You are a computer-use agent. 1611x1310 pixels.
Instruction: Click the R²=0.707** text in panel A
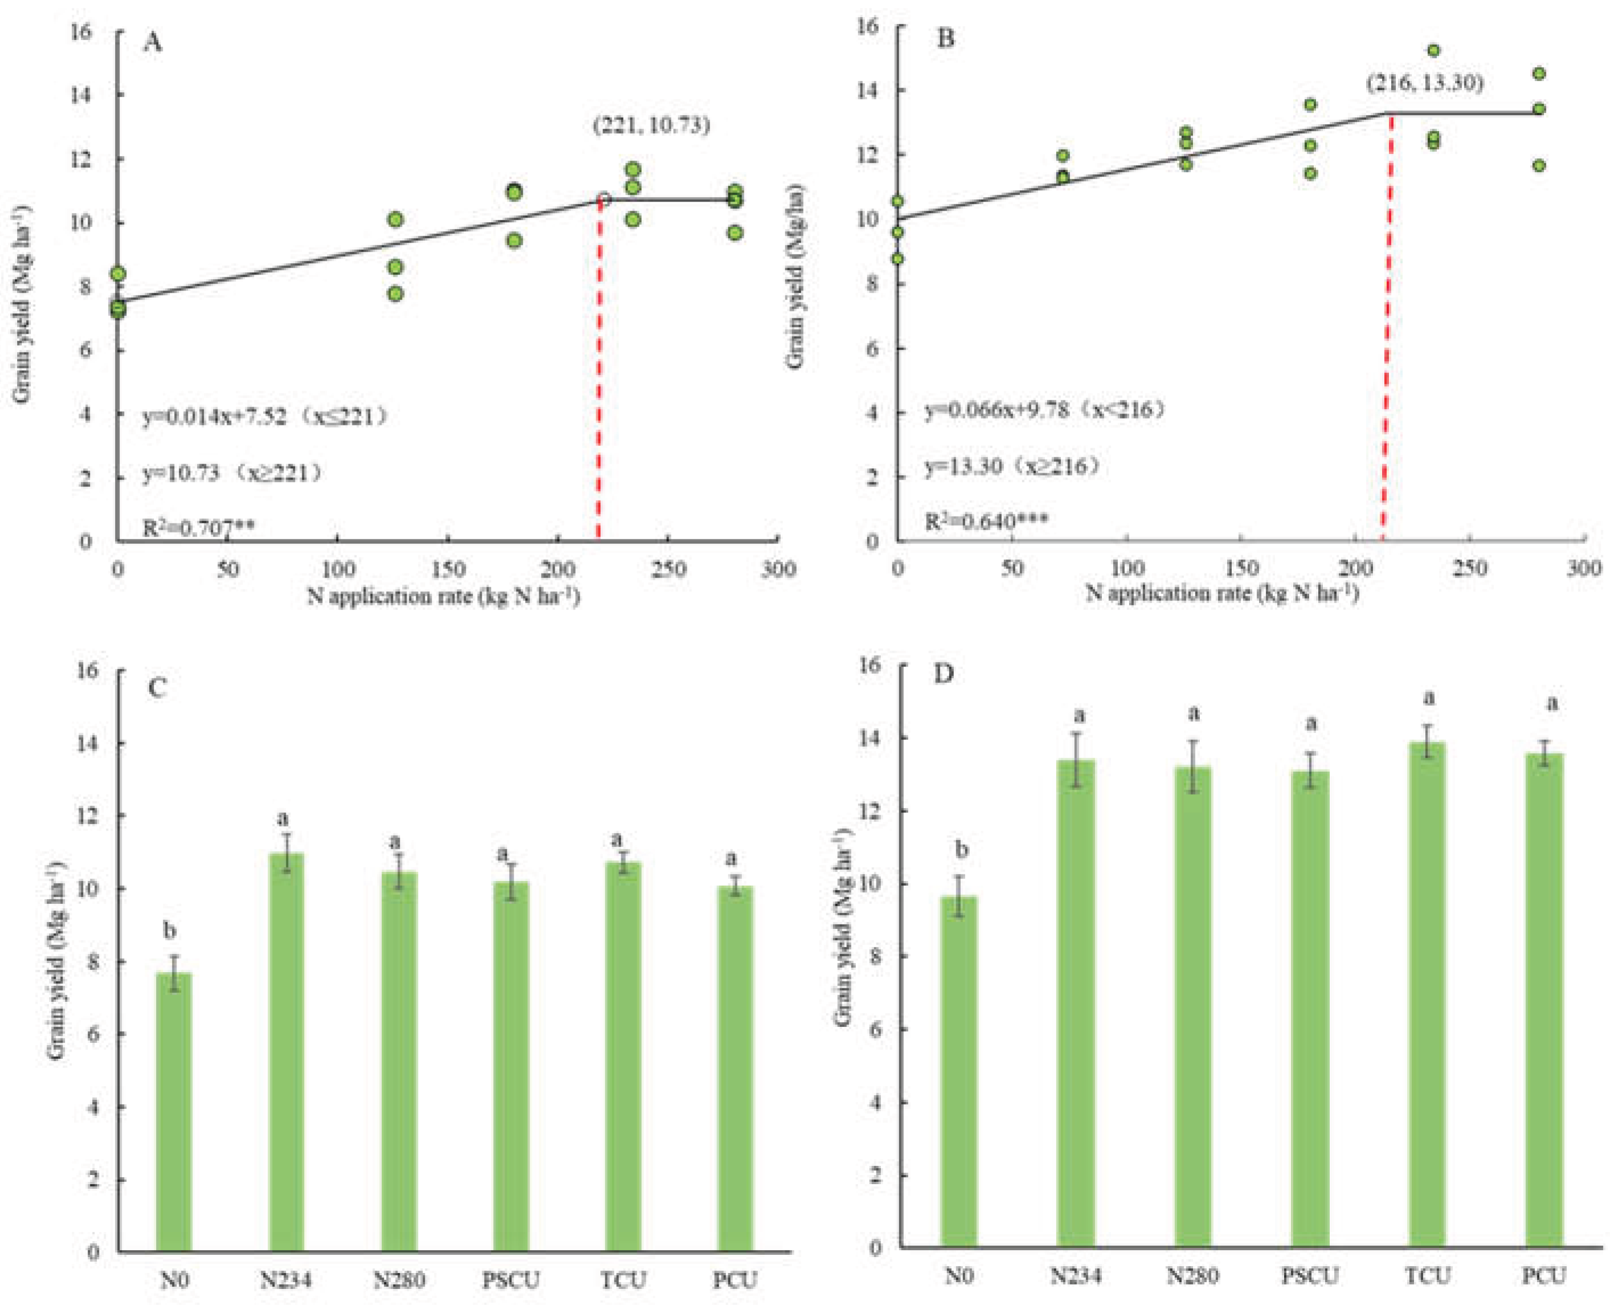click(x=198, y=528)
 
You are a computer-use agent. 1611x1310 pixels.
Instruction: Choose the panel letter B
click(x=945, y=38)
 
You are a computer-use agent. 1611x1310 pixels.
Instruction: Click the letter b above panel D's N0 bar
click(x=961, y=850)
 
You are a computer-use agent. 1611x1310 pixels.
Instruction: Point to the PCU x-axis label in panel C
click(x=735, y=1280)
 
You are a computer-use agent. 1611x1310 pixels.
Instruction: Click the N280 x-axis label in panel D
click(x=1192, y=1275)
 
